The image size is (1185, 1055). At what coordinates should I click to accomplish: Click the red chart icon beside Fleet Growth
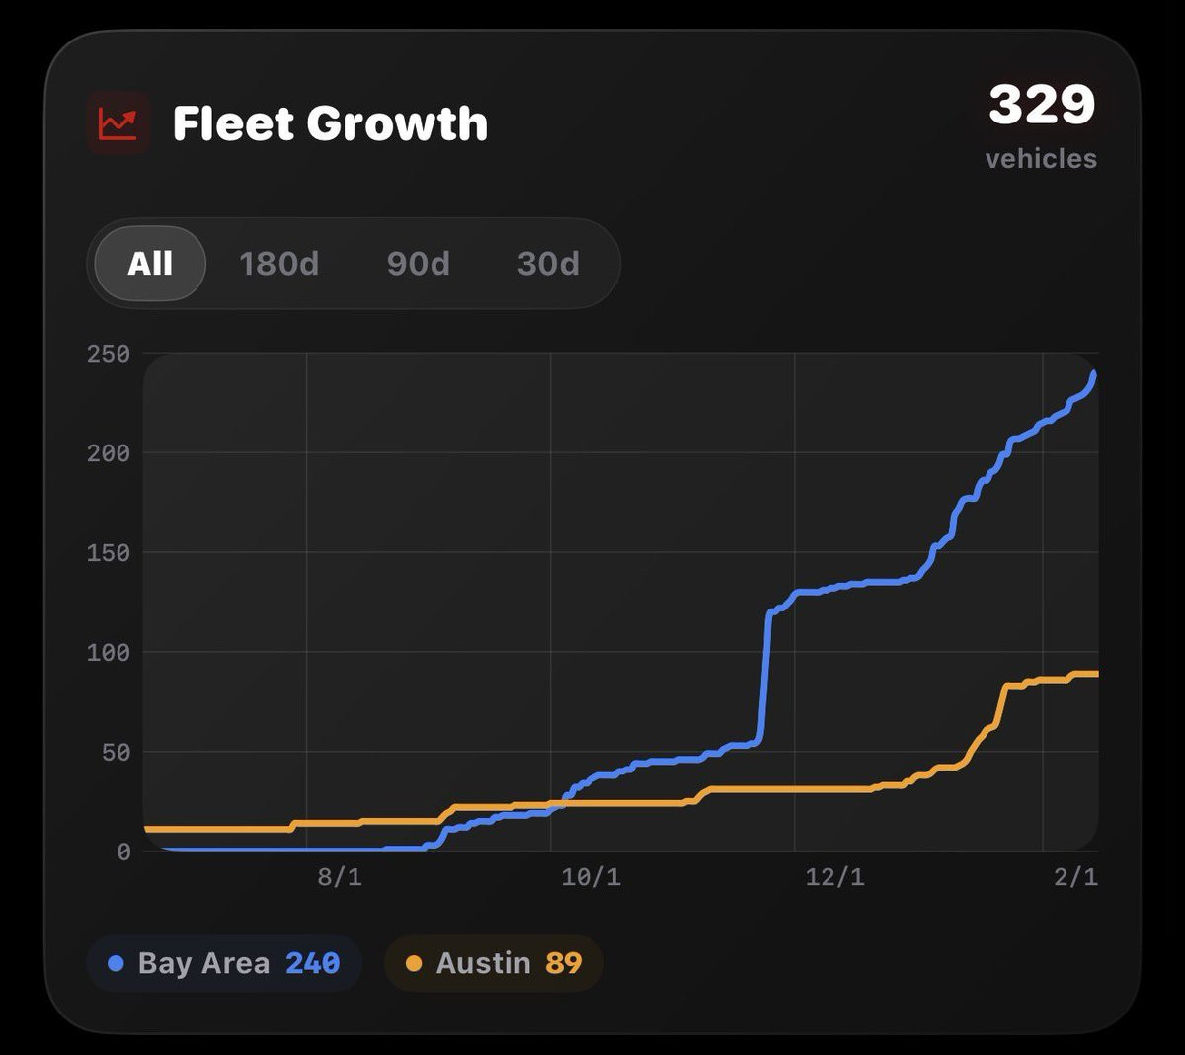118,123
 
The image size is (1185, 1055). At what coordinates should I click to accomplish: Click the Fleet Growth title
330,123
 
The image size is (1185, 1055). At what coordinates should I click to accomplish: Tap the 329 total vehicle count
1042,104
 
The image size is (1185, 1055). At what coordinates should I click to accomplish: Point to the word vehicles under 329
1041,159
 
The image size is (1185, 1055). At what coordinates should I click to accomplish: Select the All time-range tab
150,264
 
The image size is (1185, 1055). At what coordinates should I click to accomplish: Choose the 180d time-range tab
278,264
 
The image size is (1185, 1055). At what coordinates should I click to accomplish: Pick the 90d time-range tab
418,264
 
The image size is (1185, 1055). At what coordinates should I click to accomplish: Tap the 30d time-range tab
548,264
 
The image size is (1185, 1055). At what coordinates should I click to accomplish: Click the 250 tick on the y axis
109,354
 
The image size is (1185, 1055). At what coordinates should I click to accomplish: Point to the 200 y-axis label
109,453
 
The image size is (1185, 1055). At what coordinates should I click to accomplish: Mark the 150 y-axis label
109,553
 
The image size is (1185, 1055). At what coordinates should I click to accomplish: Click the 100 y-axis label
109,653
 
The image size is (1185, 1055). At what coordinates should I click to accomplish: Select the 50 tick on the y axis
116,753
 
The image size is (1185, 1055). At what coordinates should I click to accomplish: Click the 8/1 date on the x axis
340,877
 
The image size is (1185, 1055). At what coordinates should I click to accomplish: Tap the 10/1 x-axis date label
591,877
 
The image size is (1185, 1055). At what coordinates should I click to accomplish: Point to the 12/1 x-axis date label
834,877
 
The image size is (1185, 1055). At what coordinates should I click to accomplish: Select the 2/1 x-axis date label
1075,877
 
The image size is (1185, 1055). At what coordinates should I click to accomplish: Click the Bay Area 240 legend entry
224,963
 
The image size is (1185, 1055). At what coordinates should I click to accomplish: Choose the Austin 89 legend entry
494,963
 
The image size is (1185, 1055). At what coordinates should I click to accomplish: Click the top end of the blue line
1094,374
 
